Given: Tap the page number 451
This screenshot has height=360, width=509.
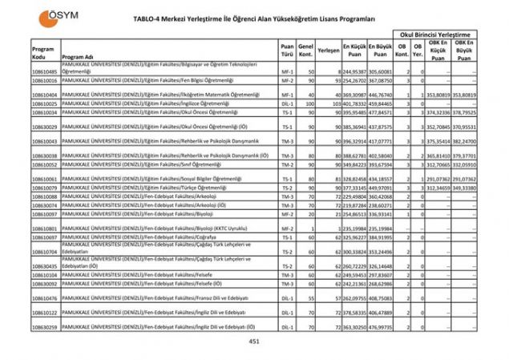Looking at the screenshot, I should (254, 342).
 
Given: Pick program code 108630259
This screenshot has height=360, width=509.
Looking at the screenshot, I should (45, 327).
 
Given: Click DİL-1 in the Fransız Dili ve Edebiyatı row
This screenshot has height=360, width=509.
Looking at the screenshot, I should (287, 297).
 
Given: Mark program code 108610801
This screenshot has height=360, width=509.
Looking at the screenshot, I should (45, 228).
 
